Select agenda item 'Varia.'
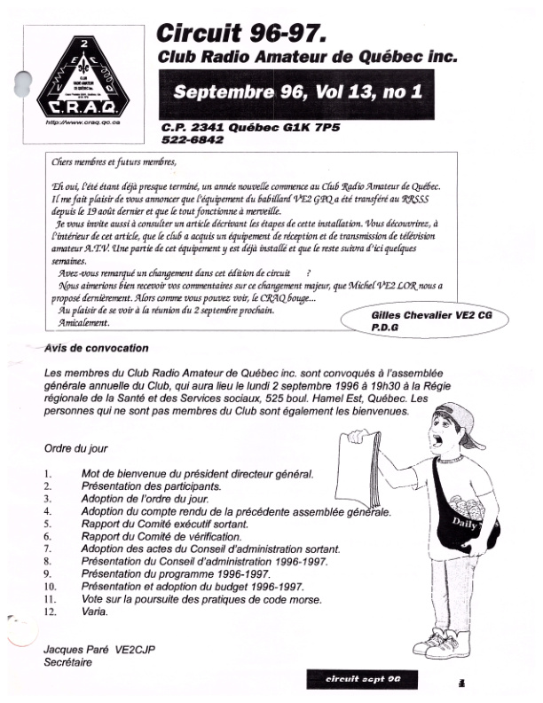[x=96, y=612]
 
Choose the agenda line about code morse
[x=197, y=599]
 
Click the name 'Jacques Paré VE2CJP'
[x=99, y=650]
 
